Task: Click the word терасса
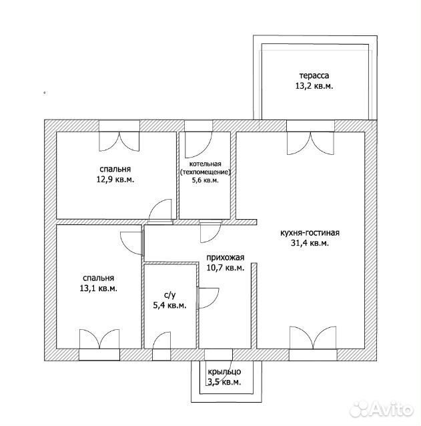pos(314,75)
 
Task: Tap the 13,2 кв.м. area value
pos(314,86)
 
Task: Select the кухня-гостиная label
pos(310,233)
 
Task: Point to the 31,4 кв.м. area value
pos(310,243)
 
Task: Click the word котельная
pos(205,164)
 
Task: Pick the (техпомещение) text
pos(205,172)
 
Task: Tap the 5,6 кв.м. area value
pos(205,180)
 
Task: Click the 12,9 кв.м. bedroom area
pos(115,180)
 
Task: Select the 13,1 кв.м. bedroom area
pos(98,288)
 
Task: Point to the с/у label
pos(170,295)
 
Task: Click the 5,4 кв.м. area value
pos(170,305)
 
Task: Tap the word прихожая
pos(226,258)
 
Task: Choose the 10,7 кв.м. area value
pos(226,268)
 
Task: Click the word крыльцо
pos(224,371)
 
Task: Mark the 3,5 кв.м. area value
pos(224,382)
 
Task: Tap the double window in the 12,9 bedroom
pos(119,142)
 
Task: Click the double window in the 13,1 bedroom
pos(99,339)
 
